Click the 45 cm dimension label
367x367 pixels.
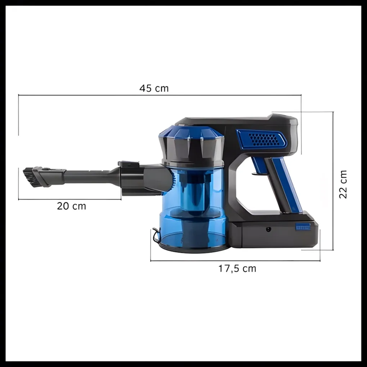pos(154,88)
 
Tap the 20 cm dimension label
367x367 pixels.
pos(71,206)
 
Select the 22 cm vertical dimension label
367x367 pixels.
pos(343,185)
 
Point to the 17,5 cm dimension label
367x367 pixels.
pos(237,268)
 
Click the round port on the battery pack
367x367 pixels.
pos(268,229)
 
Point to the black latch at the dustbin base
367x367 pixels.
pos(155,235)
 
